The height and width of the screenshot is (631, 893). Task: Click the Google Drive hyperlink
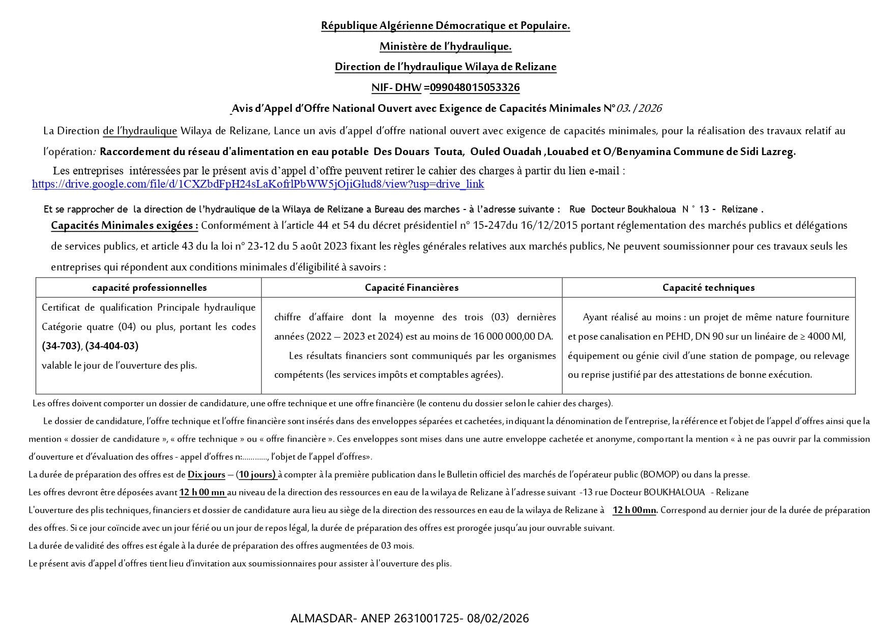[258, 184]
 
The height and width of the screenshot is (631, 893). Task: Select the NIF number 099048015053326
[475, 87]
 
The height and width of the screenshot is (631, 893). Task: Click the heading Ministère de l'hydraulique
[445, 47]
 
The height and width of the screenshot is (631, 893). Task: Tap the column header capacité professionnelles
[149, 288]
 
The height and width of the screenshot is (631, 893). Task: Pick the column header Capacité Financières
[412, 288]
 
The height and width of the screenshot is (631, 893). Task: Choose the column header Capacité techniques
[708, 288]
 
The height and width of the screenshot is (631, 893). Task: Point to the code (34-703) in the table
[61, 346]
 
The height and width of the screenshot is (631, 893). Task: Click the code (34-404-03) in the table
[112, 346]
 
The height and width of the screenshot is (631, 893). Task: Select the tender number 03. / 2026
[639, 108]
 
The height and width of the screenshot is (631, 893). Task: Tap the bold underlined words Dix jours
[206, 475]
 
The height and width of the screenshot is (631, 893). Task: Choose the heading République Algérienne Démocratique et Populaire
[445, 26]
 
